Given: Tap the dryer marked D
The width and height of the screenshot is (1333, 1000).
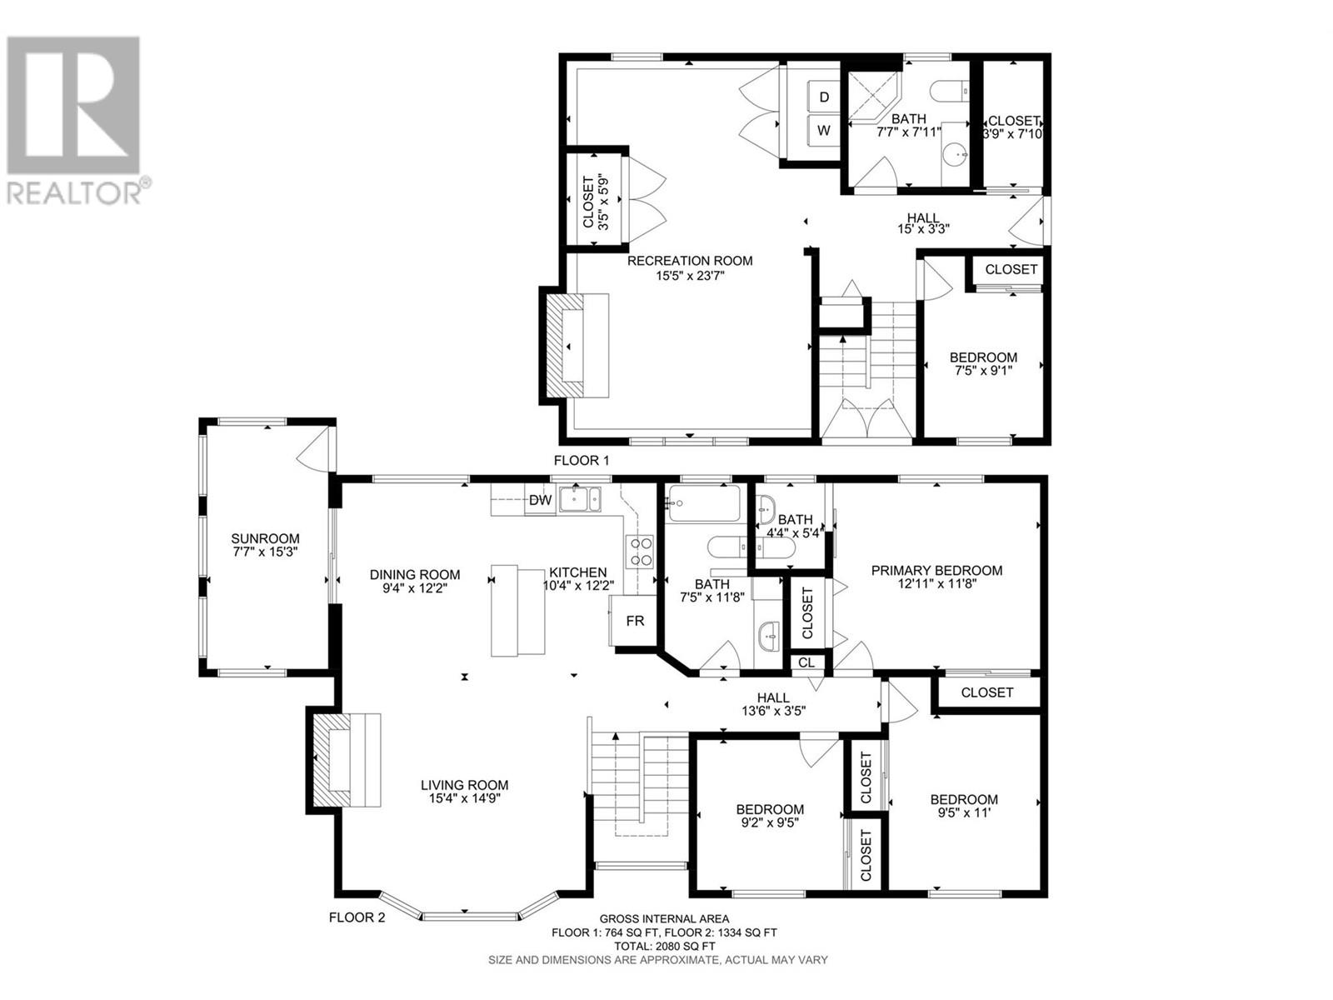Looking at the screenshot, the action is [x=823, y=97].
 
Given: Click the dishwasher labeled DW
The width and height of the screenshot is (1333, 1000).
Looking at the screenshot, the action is [x=539, y=500].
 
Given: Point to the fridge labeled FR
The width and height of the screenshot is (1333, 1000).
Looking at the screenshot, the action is [x=634, y=620].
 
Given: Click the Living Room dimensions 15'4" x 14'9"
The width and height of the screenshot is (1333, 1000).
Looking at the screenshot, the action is [x=464, y=797].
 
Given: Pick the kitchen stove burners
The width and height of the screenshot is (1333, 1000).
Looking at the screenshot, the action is [x=640, y=551].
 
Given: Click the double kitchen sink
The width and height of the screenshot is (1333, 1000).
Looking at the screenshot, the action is [x=580, y=500].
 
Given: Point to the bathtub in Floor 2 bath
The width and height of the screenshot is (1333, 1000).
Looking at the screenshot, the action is [x=703, y=502].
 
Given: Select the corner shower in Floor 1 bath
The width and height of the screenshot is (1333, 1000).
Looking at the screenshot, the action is [x=873, y=97].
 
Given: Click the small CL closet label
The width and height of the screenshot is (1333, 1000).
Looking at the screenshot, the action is [x=806, y=663].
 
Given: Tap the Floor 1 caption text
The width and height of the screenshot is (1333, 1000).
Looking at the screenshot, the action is [x=581, y=461].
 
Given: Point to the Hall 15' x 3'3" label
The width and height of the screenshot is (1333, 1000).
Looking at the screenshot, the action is [x=923, y=223].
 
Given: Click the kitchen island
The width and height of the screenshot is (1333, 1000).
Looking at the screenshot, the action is [x=517, y=610].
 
